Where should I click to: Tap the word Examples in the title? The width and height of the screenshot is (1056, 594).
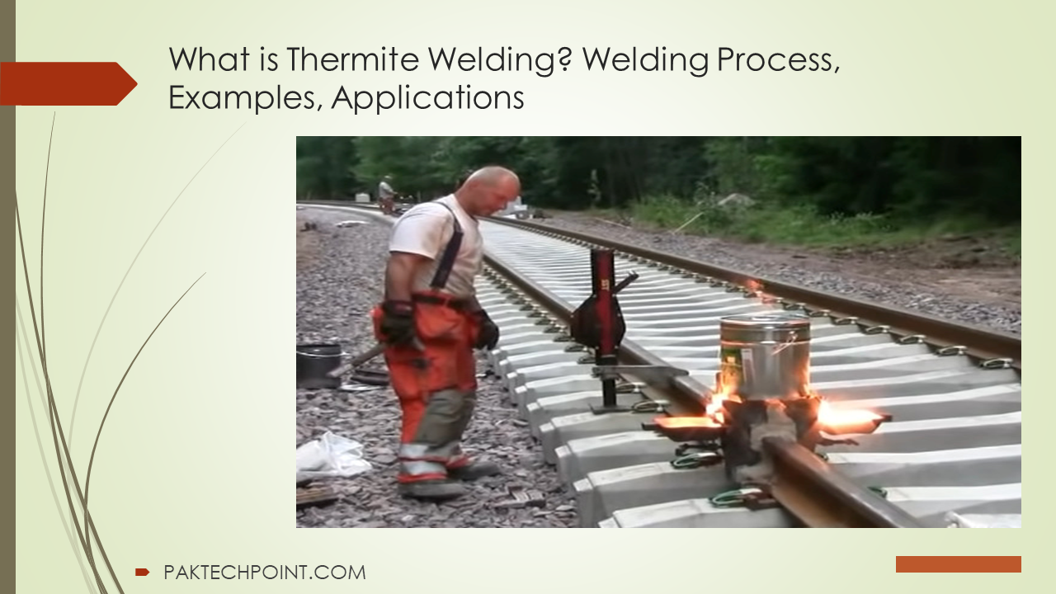[242, 98]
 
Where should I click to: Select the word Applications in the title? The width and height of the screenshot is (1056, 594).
[427, 98]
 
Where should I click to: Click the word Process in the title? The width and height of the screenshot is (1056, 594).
[778, 59]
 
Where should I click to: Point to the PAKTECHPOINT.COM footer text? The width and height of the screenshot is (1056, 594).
[265, 573]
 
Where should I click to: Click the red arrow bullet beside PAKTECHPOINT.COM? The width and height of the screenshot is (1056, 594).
[142, 573]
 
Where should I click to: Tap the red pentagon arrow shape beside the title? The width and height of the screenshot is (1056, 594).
[68, 83]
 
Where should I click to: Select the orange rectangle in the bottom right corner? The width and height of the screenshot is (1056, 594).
[959, 564]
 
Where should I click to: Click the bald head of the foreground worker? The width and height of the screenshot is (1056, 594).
[490, 186]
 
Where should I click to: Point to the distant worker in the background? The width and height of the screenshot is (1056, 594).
[387, 193]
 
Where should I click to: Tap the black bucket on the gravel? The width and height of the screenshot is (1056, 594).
[318, 365]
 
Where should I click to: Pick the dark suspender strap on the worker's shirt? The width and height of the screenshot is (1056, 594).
[448, 245]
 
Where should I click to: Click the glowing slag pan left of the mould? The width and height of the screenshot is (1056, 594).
[686, 426]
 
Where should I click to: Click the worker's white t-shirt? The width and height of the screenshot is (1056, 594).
[436, 245]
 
